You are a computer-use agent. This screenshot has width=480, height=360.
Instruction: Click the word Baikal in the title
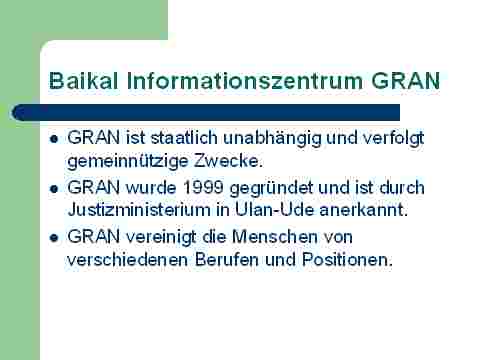pos(83,81)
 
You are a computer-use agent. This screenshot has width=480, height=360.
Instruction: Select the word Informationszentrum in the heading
pos(245,81)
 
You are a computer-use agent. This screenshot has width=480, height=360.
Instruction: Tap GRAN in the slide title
pos(406,81)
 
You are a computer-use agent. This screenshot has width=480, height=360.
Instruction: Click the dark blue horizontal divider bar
pos(206,112)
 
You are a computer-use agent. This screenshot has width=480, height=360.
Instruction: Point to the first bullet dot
pos(54,139)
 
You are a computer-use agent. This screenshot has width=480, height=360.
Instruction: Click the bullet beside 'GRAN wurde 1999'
pos(54,189)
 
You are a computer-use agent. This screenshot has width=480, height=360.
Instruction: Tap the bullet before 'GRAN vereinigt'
pos(54,238)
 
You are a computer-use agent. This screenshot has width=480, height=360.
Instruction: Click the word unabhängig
pos(273,139)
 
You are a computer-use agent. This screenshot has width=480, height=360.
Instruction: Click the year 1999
pos(203,188)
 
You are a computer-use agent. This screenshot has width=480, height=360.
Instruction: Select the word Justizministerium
pos(139,210)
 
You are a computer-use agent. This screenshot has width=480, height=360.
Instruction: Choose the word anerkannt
pos(364,210)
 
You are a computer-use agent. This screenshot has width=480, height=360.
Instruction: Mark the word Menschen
pos(275,237)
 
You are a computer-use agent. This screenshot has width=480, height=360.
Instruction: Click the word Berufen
pos(227,259)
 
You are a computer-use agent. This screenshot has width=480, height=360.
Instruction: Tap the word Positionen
pos(347,259)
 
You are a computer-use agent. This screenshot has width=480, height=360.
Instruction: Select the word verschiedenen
pos(128,259)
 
